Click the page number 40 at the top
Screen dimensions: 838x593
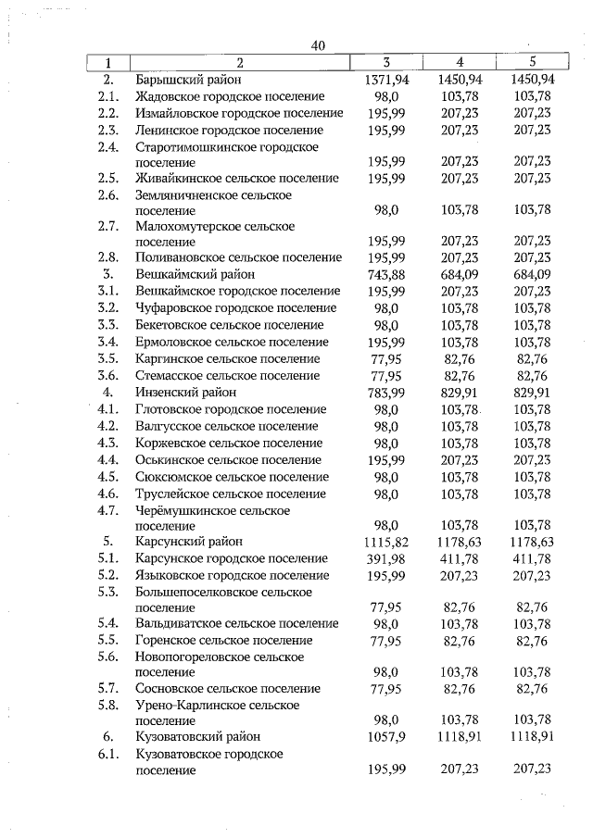(318, 45)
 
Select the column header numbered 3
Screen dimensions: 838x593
(387, 63)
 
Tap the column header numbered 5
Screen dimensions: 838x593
(531, 63)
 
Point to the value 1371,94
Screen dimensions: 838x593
(387, 80)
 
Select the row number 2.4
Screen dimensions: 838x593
(108, 146)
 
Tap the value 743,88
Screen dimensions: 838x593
(387, 274)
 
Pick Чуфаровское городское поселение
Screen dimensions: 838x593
(235, 307)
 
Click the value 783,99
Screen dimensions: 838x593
(387, 392)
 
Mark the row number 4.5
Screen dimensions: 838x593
(108, 477)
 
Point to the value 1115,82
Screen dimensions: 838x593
(387, 542)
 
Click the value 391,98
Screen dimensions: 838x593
(387, 558)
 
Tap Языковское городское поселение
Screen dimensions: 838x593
(232, 575)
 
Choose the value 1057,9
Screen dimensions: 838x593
(387, 736)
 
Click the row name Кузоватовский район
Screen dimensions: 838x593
(197, 736)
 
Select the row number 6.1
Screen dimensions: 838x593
(108, 754)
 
